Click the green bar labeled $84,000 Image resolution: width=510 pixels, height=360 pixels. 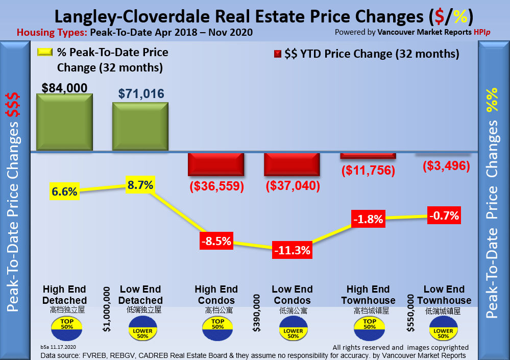pos(64,123)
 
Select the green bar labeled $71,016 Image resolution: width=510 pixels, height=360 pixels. pos(140,127)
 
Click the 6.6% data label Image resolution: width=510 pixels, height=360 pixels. pos(64,192)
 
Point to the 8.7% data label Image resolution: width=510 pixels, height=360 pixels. pos(140,185)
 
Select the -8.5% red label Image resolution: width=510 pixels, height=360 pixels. pos(216,240)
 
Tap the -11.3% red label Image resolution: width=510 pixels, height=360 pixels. pos(292,250)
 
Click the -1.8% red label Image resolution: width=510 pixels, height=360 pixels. pos(368,220)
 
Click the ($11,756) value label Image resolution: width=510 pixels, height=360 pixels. pos(368,171)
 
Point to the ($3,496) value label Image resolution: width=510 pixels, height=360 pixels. pos(444,166)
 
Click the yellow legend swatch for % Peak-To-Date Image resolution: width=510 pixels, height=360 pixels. pos(44,53)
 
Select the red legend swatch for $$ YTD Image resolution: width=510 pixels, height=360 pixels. pos(278,54)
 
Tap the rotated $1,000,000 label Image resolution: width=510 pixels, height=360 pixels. pos(107,309)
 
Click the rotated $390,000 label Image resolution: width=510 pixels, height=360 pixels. pos(257,313)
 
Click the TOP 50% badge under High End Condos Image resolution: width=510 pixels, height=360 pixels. pos(217,327)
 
